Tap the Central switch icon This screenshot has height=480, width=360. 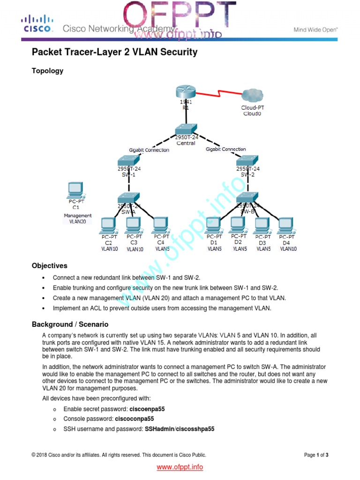(x=186, y=129)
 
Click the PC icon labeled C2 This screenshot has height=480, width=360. (x=108, y=225)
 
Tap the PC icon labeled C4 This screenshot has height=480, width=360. (x=160, y=225)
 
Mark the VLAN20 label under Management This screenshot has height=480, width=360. (x=78, y=222)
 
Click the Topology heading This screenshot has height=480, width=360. (x=47, y=71)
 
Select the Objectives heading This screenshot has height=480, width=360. (x=49, y=266)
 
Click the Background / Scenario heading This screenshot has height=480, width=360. (x=70, y=324)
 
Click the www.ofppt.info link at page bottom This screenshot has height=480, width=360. (x=180, y=467)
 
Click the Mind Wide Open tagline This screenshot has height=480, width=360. (x=315, y=30)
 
